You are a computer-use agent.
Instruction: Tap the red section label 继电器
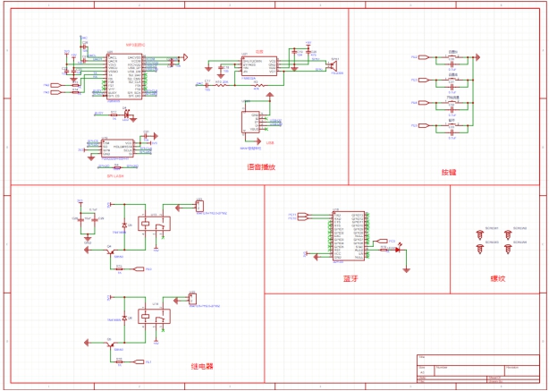202,366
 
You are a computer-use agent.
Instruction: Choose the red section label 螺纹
497,278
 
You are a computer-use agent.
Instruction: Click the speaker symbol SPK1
331,64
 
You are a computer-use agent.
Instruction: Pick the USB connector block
249,121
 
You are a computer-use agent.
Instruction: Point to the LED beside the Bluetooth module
397,248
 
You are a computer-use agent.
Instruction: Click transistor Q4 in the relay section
110,251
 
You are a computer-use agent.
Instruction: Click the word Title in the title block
422,358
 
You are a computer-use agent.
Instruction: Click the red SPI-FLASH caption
114,175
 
